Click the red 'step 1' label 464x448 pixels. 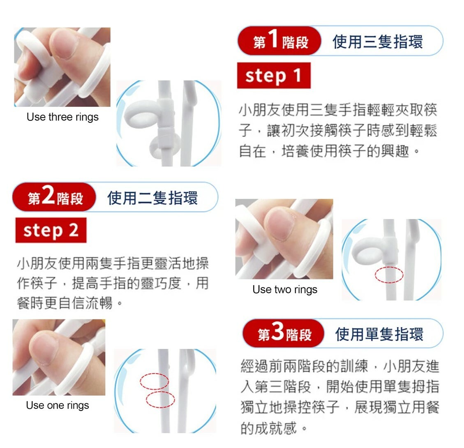274,76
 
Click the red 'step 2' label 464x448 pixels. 51,230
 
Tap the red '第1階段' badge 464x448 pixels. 279,41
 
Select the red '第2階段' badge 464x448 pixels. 54,197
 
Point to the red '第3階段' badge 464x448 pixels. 284,333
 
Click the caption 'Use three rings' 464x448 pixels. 62,117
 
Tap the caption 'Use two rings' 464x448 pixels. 285,289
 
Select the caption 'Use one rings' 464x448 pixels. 58,405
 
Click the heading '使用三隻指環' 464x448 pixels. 378,42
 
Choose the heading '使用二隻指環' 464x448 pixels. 152,198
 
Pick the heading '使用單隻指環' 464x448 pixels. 379,334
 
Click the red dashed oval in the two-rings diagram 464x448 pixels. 389,275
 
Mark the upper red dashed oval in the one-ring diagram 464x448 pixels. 154,381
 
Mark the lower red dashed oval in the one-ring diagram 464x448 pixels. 160,400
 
